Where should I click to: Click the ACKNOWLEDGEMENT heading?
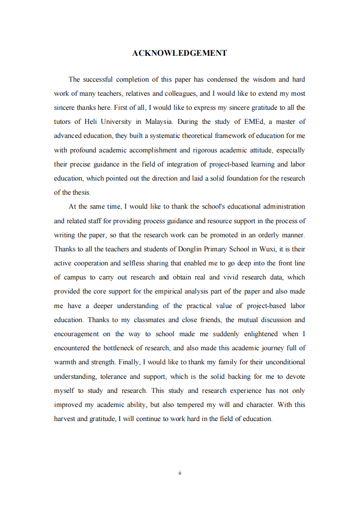coord(179,54)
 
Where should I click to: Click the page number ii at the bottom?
coord(180,473)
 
